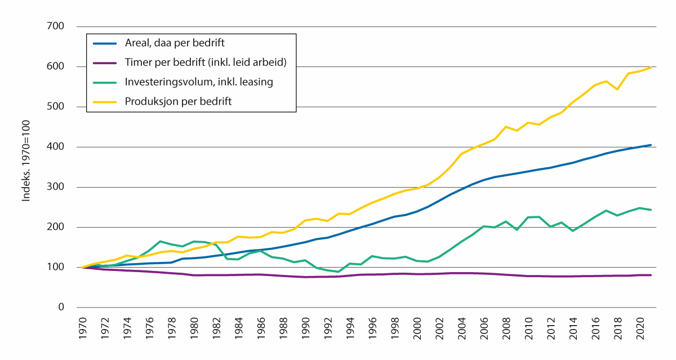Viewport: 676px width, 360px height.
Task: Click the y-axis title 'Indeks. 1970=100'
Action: pos(26,167)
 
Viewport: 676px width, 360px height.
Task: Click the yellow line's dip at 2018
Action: pos(618,89)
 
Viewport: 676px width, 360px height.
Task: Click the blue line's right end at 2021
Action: pos(651,145)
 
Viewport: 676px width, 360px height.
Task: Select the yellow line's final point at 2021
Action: pos(651,68)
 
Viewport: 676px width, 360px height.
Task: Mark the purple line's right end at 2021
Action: pos(651,275)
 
